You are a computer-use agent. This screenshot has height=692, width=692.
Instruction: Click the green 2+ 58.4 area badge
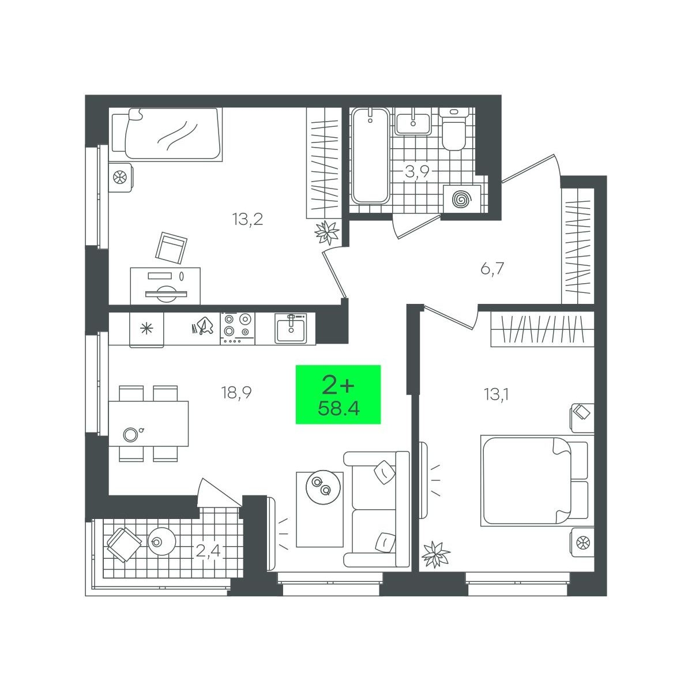(x=338, y=394)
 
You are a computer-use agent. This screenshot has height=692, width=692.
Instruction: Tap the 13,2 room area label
(x=247, y=219)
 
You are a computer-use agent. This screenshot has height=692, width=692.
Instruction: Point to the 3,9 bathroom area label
(x=417, y=172)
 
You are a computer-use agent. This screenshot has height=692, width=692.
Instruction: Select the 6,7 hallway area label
(x=492, y=268)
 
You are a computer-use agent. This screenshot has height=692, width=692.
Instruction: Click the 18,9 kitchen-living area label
(x=236, y=393)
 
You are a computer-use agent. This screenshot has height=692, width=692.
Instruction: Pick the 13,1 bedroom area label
(x=496, y=394)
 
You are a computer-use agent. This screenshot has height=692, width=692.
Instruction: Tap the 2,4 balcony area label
(x=208, y=550)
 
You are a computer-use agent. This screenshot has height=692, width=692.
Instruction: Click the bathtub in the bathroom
(x=370, y=156)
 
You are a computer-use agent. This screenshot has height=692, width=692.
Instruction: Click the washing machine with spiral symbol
(x=462, y=199)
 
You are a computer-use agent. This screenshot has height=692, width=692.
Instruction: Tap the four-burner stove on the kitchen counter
(x=238, y=328)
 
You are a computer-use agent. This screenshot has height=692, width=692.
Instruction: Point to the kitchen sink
(x=291, y=328)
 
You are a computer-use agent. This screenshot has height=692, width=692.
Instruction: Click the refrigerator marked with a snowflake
(x=146, y=329)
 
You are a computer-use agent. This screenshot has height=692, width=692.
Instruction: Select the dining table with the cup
(x=149, y=424)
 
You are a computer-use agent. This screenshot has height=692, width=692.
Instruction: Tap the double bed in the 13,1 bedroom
(x=535, y=481)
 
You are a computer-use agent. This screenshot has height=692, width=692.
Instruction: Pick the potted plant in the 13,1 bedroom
(x=435, y=554)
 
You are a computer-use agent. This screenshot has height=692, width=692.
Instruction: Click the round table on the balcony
(x=162, y=542)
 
